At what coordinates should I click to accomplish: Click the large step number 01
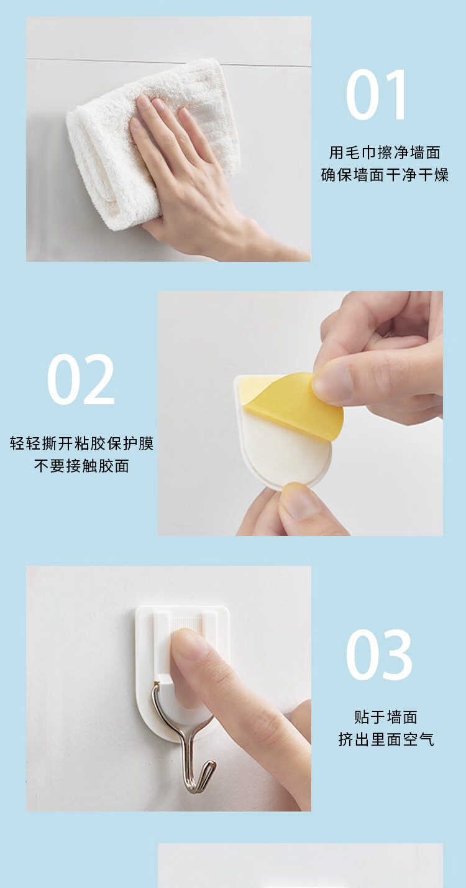[x=377, y=95]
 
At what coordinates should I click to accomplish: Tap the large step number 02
[x=81, y=379]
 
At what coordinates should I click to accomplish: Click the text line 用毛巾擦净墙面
[x=385, y=152]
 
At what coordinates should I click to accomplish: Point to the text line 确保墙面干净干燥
[x=385, y=175]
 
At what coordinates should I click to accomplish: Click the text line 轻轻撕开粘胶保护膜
[x=81, y=443]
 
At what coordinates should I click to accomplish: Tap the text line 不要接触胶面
[x=81, y=466]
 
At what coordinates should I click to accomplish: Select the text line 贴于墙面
[x=386, y=717]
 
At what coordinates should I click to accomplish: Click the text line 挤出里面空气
[x=386, y=739]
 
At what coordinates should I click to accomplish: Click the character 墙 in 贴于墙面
[x=395, y=717]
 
